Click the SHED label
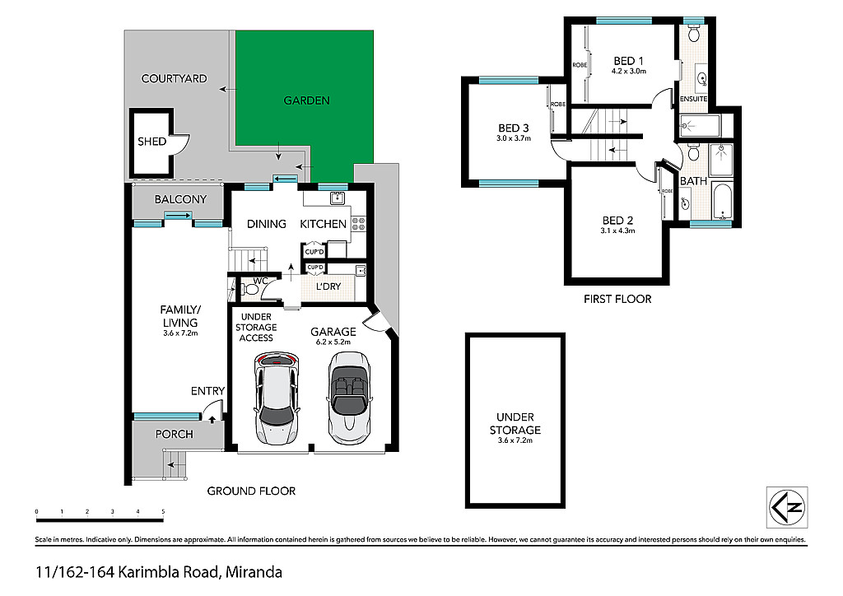(151, 142)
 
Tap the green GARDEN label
(306, 100)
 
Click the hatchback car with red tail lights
(277, 398)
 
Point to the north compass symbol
(787, 507)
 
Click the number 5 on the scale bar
(163, 512)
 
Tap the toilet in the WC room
(249, 291)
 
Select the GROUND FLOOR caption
(251, 491)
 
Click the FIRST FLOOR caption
(617, 299)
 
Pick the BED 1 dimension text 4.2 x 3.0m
(628, 71)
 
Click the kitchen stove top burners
(359, 224)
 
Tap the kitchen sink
(337, 198)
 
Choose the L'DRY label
(328, 286)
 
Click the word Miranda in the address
(254, 572)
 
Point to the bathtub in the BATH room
(721, 202)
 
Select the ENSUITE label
(693, 99)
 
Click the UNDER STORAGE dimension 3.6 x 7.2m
(515, 440)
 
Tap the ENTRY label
(207, 391)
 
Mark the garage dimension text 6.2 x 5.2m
(333, 342)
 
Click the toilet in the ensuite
(693, 33)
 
